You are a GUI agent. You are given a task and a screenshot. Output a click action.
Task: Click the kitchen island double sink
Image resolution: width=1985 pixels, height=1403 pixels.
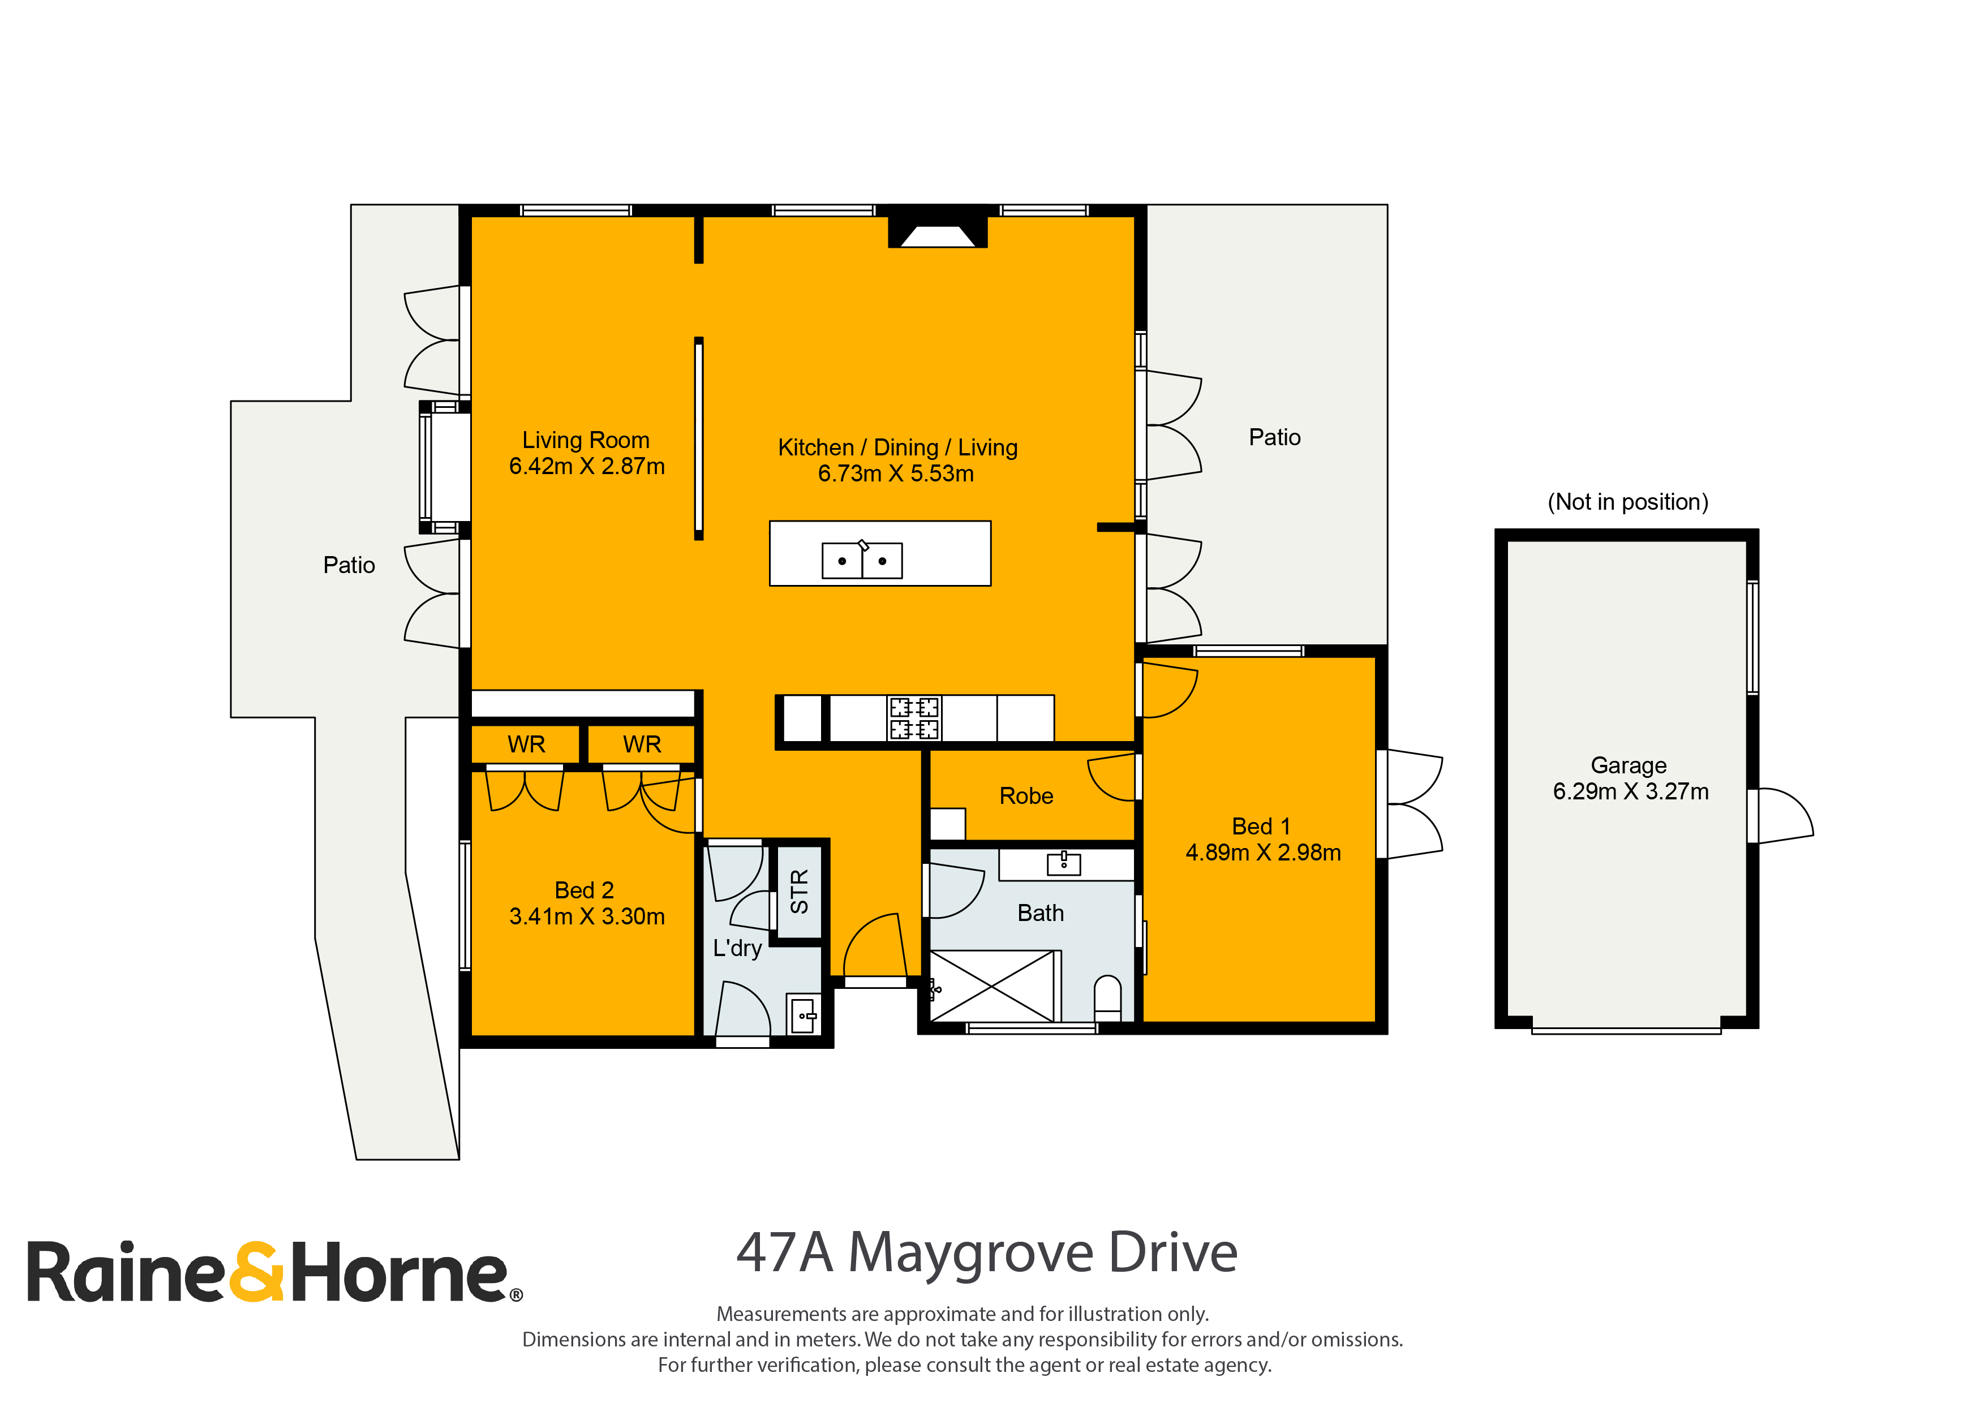coord(862,560)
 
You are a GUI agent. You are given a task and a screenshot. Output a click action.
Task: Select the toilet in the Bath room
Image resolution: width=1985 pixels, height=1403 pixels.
coord(1107,999)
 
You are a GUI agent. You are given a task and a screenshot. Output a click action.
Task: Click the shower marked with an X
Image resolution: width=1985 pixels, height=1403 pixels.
coord(992,986)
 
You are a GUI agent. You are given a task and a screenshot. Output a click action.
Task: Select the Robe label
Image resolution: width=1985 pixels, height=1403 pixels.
coord(1026,796)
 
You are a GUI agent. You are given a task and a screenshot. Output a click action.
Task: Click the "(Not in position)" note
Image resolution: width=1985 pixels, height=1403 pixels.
coord(1628,502)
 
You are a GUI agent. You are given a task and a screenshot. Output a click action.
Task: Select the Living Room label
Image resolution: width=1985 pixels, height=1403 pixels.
coord(586,440)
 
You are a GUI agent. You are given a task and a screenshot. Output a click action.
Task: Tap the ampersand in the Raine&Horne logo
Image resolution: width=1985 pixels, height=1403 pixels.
coord(256,1272)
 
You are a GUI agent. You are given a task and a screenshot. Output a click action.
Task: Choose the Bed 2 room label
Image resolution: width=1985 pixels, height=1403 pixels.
coord(585,890)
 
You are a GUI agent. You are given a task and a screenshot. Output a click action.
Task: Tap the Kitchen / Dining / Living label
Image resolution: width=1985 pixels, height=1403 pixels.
coord(897,448)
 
